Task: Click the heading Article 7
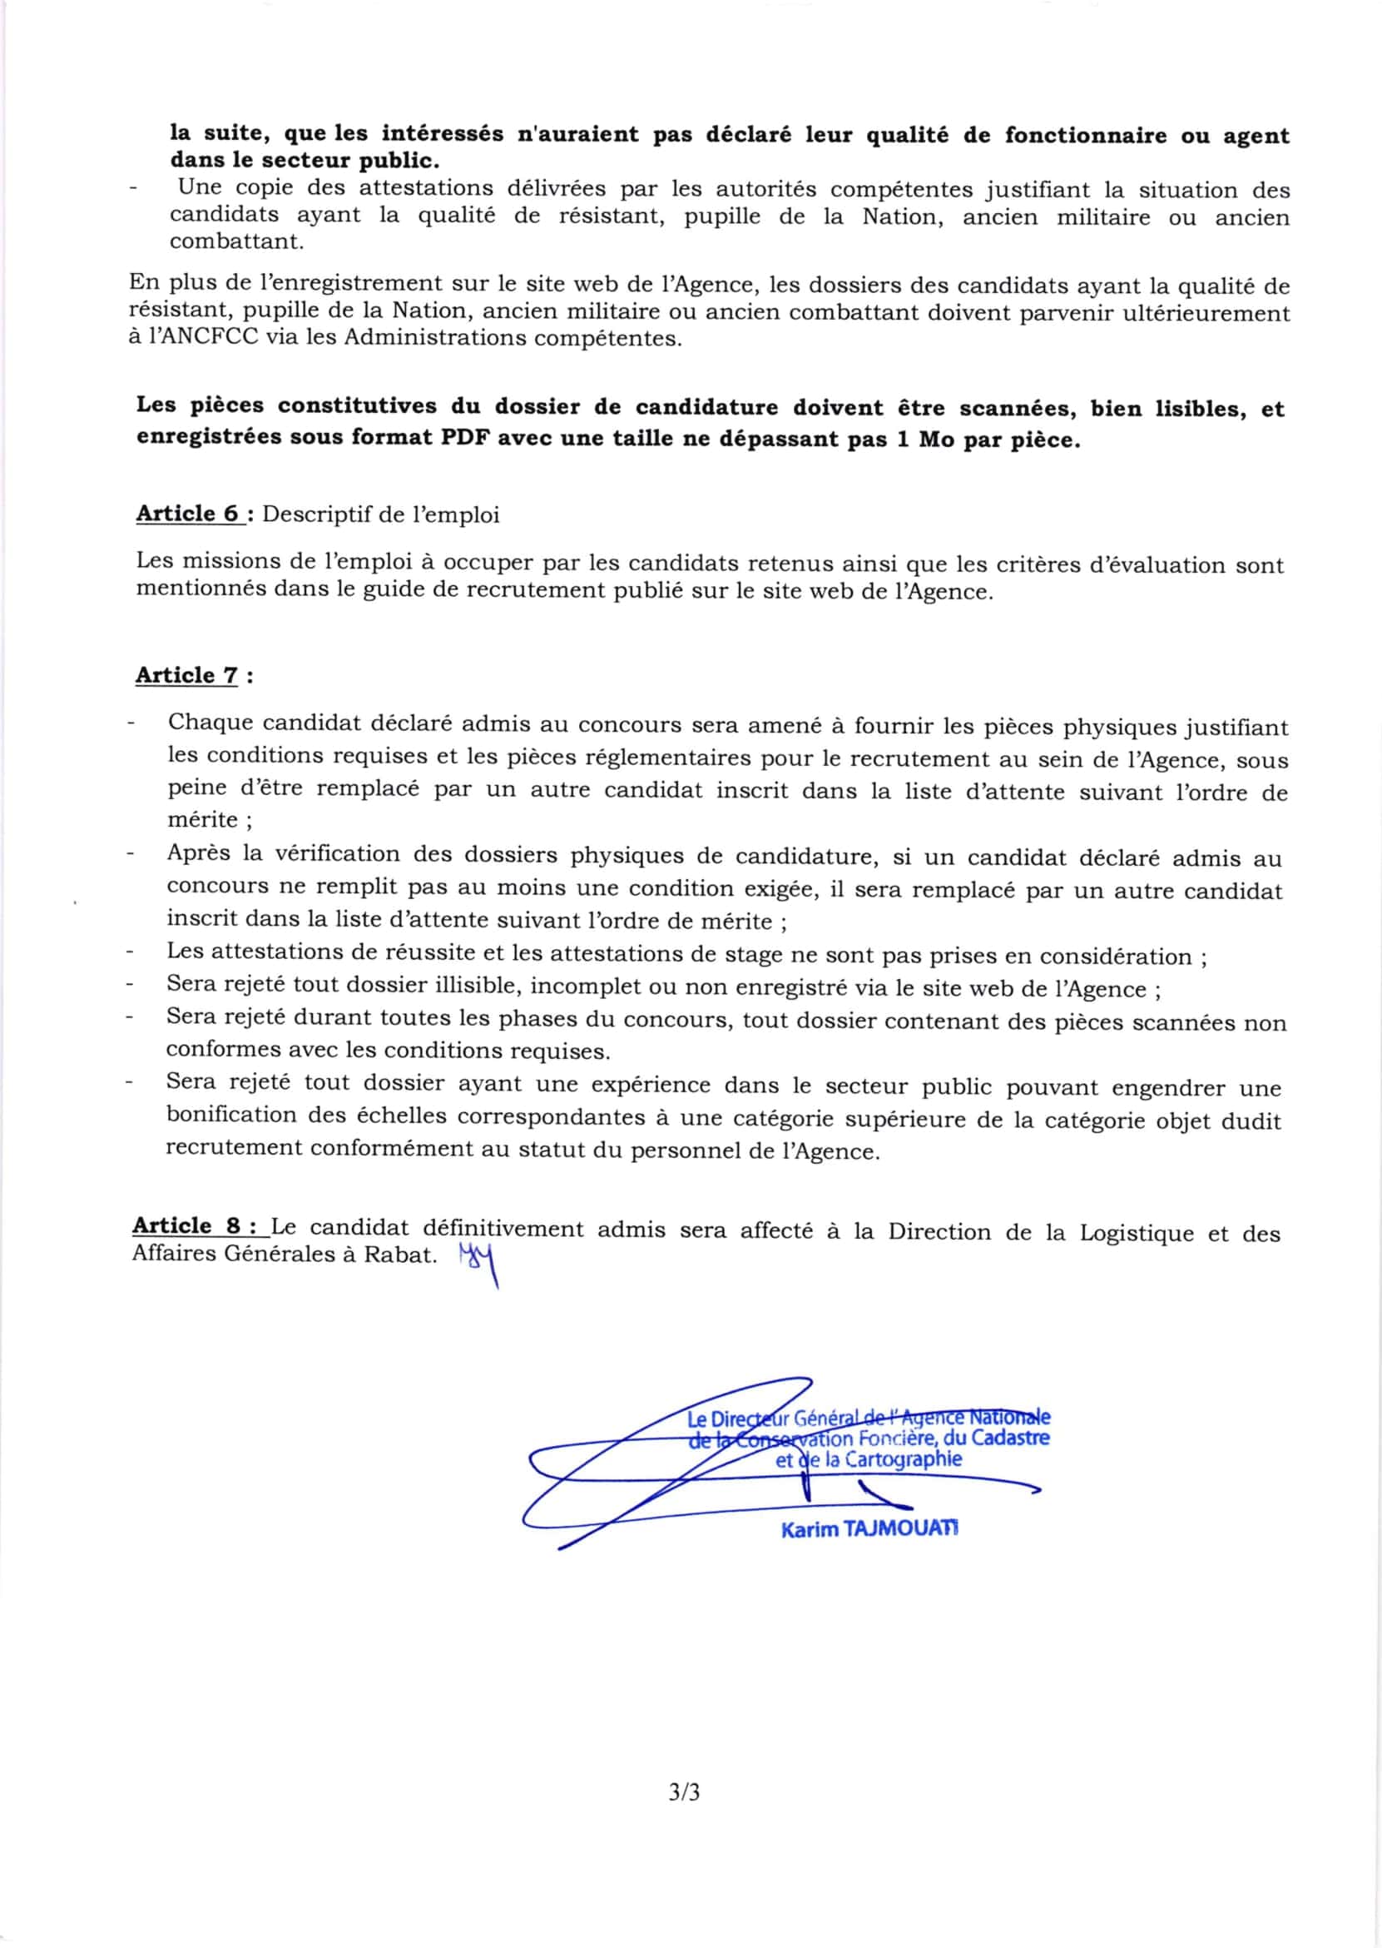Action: (x=187, y=675)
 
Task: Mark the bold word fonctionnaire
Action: (x=1086, y=137)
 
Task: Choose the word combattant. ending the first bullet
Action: (x=235, y=241)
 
